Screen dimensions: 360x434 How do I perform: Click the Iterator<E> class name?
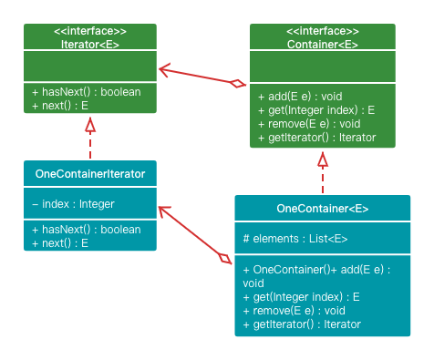click(x=89, y=44)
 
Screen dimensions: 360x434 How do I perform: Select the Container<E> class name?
click(x=323, y=44)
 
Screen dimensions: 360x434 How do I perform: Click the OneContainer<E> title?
click(x=322, y=209)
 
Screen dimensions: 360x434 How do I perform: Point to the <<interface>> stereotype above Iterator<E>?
click(x=89, y=31)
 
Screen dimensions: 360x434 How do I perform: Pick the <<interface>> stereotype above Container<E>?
click(x=323, y=31)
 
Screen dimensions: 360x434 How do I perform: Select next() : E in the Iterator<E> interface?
click(x=59, y=106)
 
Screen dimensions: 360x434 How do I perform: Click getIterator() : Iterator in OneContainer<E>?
click(x=302, y=324)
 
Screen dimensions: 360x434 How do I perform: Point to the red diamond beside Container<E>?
click(x=238, y=84)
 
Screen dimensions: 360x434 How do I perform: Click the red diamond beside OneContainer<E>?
click(x=223, y=258)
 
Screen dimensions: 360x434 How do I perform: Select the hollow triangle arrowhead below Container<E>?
click(x=323, y=159)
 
